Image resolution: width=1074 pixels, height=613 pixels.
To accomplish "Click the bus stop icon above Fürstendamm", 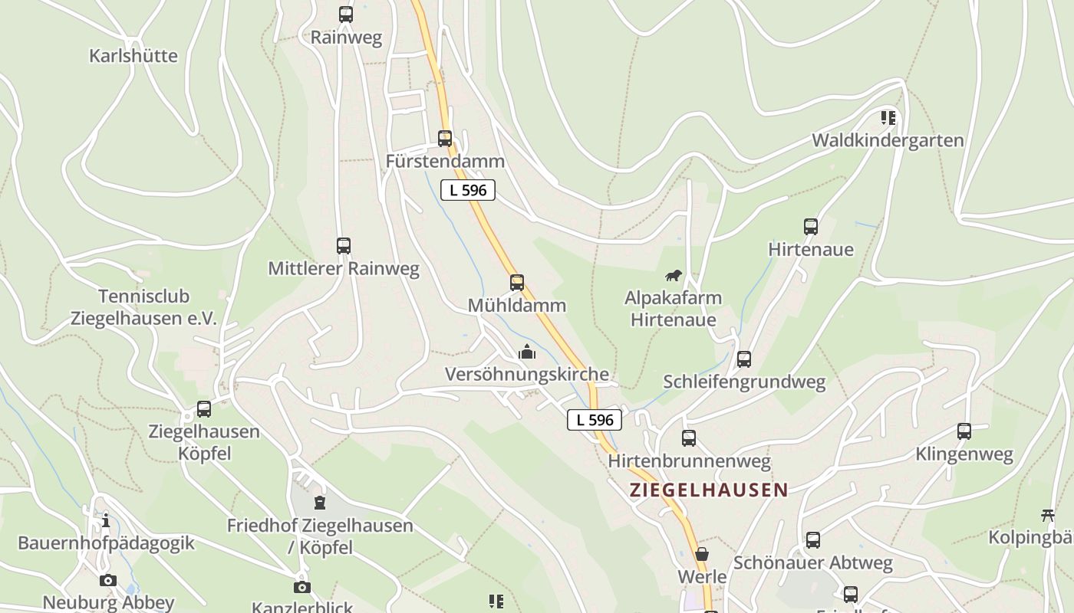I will click(445, 139).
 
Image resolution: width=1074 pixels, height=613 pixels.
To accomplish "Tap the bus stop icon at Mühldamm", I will click(517, 282).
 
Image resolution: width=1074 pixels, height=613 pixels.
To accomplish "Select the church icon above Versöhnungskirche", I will click(527, 352).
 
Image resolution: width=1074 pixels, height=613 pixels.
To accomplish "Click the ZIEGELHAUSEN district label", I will click(709, 490).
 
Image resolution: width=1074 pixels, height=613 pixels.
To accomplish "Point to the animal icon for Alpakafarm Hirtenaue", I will click(674, 275).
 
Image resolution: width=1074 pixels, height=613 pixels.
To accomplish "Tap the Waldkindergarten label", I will click(888, 140).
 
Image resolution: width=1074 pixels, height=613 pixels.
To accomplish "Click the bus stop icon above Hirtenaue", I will click(811, 226).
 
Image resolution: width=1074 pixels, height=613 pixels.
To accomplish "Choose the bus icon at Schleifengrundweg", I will click(744, 359).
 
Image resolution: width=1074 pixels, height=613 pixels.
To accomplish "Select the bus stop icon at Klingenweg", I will click(964, 431).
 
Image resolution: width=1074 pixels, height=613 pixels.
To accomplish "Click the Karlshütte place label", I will click(133, 56).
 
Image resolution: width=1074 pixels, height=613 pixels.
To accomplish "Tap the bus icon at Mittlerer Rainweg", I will click(344, 246).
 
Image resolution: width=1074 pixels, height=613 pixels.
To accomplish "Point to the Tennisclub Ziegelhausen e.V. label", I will click(144, 307).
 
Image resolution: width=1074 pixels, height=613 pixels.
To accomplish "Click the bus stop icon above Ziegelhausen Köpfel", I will click(204, 409).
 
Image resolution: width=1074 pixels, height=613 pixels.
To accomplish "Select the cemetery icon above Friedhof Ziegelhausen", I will click(320, 503).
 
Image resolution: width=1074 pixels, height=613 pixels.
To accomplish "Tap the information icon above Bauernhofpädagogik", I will click(106, 521).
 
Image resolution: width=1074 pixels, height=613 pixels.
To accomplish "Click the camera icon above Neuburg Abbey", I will click(108, 580).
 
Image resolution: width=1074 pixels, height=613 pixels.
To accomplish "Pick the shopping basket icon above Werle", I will click(702, 554).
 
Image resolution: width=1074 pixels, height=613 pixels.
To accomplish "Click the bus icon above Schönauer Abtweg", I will click(813, 540).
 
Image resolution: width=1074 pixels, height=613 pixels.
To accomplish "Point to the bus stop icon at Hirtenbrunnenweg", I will click(689, 438).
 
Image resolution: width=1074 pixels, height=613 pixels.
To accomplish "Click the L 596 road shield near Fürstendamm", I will click(468, 190).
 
